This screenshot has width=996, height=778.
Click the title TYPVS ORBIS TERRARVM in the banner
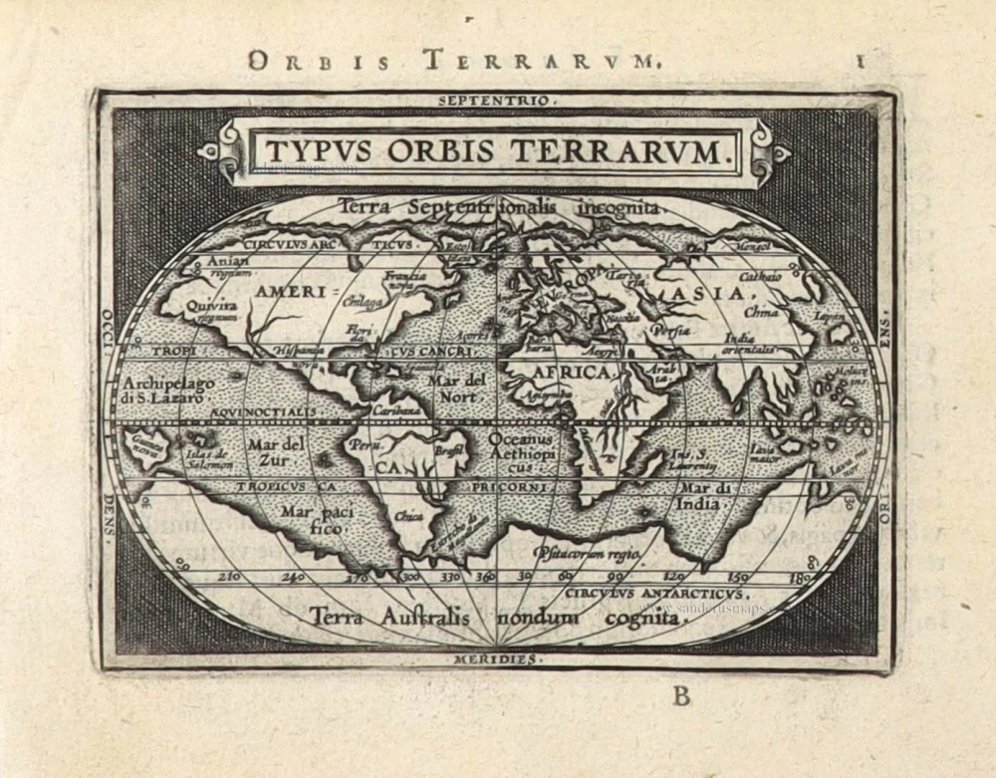pyautogui.click(x=493, y=151)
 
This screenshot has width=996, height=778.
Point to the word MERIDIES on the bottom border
pyautogui.click(x=495, y=659)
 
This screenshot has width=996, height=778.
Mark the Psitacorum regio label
pyautogui.click(x=585, y=551)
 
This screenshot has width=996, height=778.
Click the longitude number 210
pyautogui.click(x=230, y=577)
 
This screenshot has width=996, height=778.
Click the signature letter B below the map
pyautogui.click(x=681, y=696)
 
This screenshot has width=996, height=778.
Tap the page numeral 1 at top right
pyautogui.click(x=859, y=60)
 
